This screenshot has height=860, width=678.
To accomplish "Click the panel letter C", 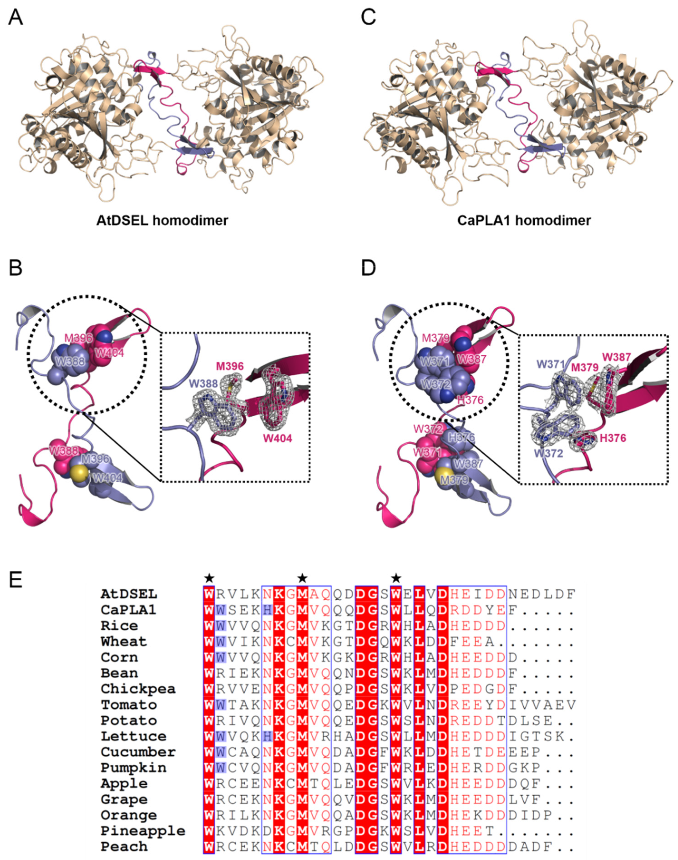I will (x=368, y=18).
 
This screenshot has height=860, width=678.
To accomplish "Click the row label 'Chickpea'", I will (x=138, y=689).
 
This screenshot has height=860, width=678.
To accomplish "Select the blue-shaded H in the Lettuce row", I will (x=267, y=737).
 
